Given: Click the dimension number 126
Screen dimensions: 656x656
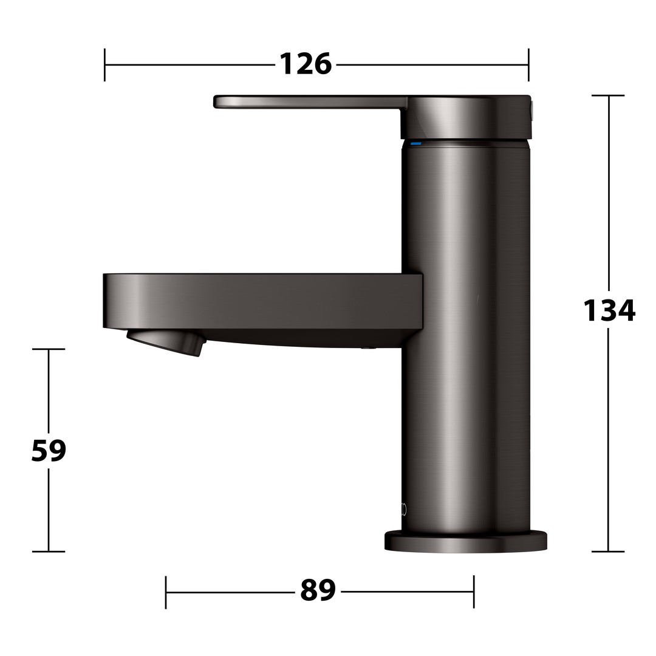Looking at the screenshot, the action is pyautogui.click(x=306, y=64).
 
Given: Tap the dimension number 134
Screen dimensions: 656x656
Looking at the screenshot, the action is pyautogui.click(x=609, y=310).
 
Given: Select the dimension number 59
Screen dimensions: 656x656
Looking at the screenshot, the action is pyautogui.click(x=49, y=450).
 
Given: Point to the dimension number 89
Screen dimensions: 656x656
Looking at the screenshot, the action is pyautogui.click(x=318, y=590).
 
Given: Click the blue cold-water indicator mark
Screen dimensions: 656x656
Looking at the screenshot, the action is pyautogui.click(x=416, y=143).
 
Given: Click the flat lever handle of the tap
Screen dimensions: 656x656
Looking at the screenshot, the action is pyautogui.click(x=310, y=102).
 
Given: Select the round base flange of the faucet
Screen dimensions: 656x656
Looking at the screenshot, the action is pyautogui.click(x=466, y=541).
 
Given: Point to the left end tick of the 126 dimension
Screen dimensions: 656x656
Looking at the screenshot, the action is pyautogui.click(x=104, y=65).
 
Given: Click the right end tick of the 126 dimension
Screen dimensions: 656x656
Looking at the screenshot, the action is pyautogui.click(x=528, y=65).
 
